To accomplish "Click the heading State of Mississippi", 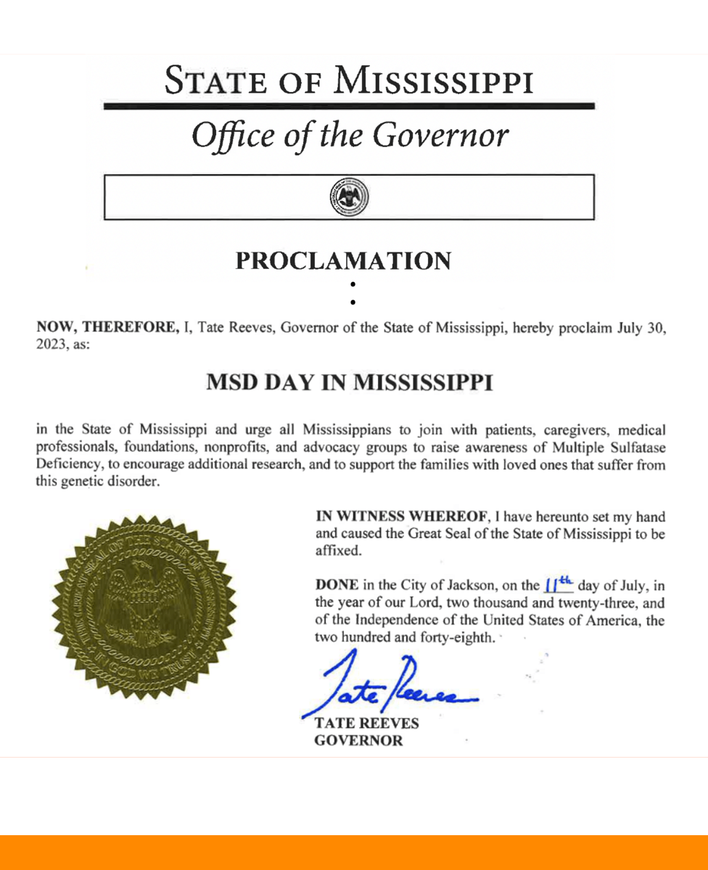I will [x=349, y=79].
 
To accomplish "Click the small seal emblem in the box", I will [x=350, y=196].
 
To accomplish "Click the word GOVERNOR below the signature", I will [x=356, y=742].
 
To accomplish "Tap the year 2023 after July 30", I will [x=50, y=344].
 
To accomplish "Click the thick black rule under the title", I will [x=349, y=106].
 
